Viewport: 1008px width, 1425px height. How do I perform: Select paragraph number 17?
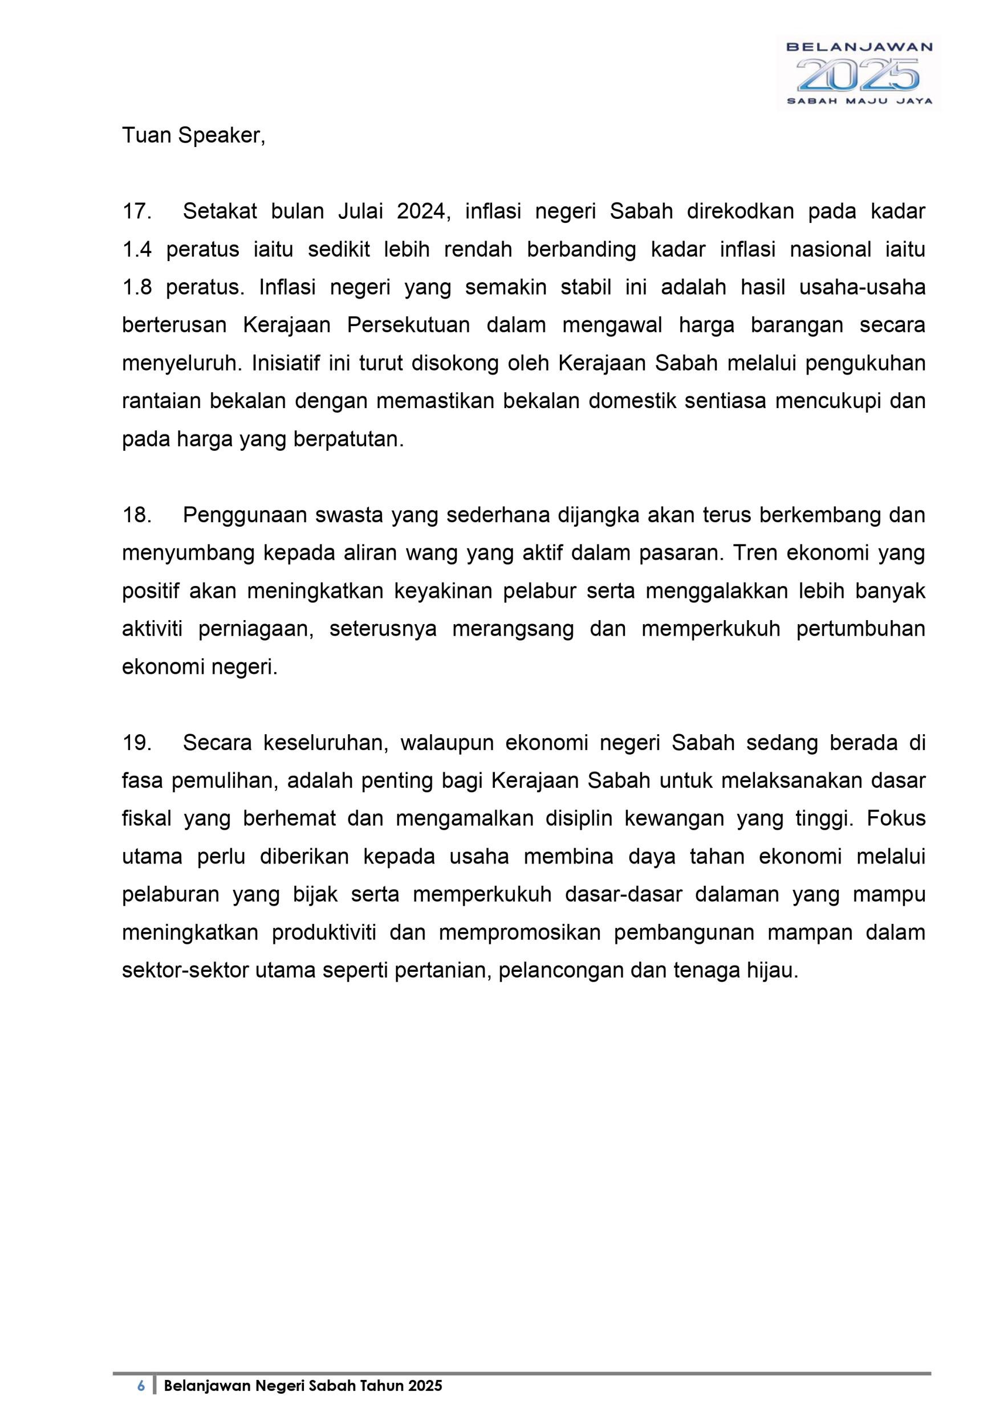click(x=137, y=211)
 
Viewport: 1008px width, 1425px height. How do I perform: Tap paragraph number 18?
click(x=137, y=515)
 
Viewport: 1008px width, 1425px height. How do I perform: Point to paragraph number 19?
click(x=137, y=743)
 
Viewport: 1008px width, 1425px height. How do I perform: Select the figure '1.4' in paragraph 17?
click(x=137, y=250)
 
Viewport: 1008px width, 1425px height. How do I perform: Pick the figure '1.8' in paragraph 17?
click(x=137, y=287)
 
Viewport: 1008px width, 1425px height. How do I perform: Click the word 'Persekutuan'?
click(x=408, y=325)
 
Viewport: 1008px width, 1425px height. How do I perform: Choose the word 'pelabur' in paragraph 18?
click(x=538, y=591)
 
